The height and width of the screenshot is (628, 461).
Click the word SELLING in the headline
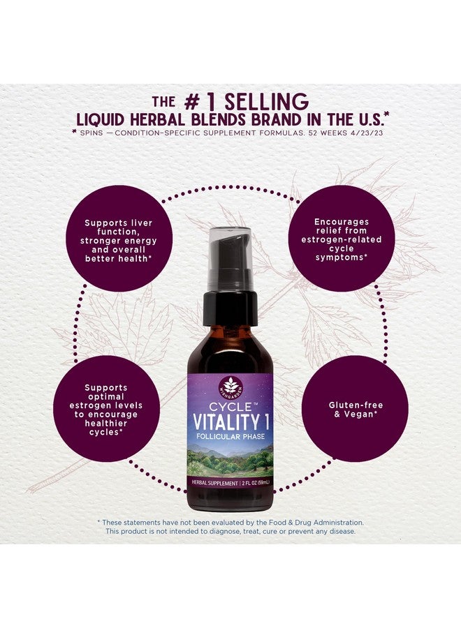click(x=266, y=101)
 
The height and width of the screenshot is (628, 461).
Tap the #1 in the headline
click(x=200, y=102)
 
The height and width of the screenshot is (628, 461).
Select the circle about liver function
click(x=119, y=239)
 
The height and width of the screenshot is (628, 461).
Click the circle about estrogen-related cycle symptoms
click(x=342, y=239)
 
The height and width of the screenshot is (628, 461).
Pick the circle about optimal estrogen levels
click(x=106, y=409)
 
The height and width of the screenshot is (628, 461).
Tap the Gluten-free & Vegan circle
click(x=355, y=409)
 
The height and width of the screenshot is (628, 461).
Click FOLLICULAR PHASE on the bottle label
click(x=230, y=436)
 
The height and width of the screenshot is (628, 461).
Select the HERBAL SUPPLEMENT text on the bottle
click(x=214, y=483)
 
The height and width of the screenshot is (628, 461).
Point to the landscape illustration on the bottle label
click(x=230, y=460)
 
